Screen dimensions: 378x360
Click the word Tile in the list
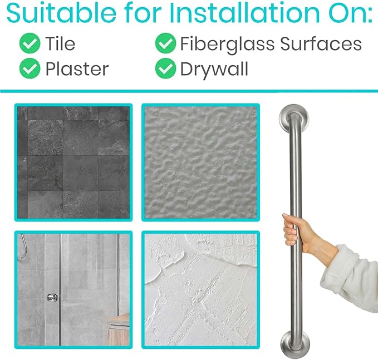coord(60,43)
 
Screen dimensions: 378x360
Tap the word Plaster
coord(77,69)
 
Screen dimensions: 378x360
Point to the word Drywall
coord(214,70)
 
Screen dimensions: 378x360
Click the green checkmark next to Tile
coord(30,43)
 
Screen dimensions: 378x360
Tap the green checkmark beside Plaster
coord(30,68)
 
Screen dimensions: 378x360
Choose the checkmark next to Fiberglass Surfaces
coord(165,43)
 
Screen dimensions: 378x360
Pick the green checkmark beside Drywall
coord(165,68)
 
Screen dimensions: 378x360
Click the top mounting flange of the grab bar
coord(294,118)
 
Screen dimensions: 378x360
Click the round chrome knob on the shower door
coord(52,297)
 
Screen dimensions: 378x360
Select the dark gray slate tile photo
coord(73,162)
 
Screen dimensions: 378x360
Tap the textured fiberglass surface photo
coord(200,162)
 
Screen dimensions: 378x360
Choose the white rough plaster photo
coord(200,290)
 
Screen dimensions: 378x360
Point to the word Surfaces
coord(321,44)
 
